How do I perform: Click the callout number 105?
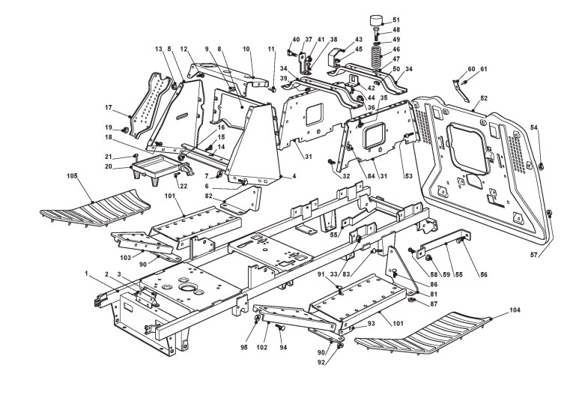pyautogui.click(x=72, y=176)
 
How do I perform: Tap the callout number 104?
pyautogui.click(x=515, y=310)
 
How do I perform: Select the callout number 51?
pyautogui.click(x=396, y=19)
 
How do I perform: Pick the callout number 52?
pyautogui.click(x=484, y=98)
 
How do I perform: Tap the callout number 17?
pyautogui.click(x=109, y=107)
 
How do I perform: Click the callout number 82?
pyautogui.click(x=209, y=195)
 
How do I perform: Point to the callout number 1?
pyautogui.click(x=86, y=274)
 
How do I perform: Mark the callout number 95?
pyautogui.click(x=244, y=347)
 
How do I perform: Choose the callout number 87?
pyautogui.click(x=434, y=304)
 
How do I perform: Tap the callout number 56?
pyautogui.click(x=484, y=274)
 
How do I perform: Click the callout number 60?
pyautogui.click(x=472, y=69)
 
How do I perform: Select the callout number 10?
pyautogui.click(x=246, y=49)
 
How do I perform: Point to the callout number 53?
pyautogui.click(x=409, y=176)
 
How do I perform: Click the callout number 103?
pyautogui.click(x=126, y=258)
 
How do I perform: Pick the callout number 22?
pyautogui.click(x=184, y=186)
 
